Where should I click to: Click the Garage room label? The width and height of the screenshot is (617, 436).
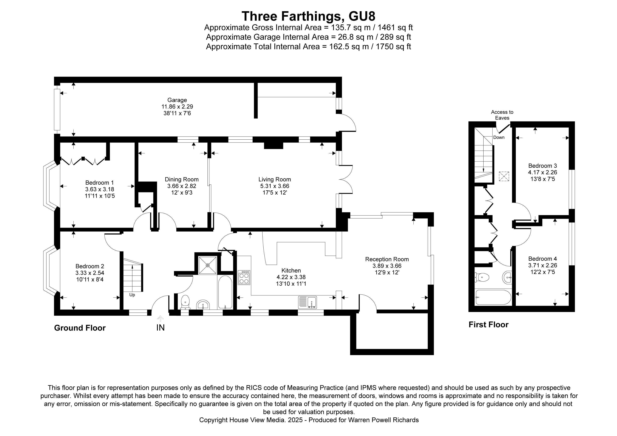point(177,100)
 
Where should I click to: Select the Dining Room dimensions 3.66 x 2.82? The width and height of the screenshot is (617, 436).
point(182,186)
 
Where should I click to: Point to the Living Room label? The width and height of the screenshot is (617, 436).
point(274,179)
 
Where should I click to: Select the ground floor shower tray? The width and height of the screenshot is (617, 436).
point(207,266)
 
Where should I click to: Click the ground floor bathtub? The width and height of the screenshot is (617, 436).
point(225,292)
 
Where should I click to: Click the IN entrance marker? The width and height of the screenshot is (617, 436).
point(160,328)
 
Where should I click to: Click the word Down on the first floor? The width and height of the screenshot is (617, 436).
point(499,137)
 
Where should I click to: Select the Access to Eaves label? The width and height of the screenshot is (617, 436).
point(502,115)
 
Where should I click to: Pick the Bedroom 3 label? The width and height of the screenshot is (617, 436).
point(542,166)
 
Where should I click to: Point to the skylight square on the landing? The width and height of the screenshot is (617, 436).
point(504,176)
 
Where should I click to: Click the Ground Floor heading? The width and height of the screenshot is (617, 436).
point(80,328)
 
